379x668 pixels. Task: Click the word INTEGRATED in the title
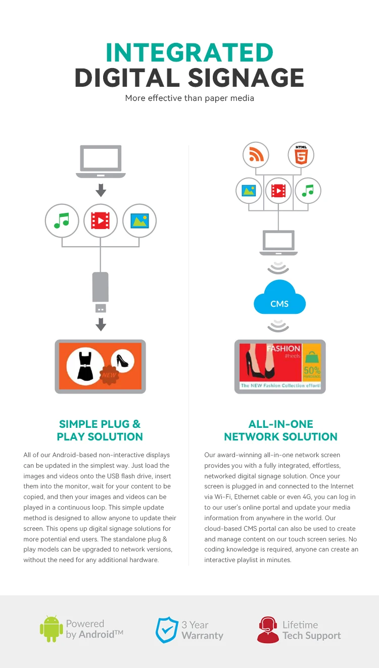click(x=189, y=52)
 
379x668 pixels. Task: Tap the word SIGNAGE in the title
click(x=246, y=78)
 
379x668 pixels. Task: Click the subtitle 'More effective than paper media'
click(x=189, y=98)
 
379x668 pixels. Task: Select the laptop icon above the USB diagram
click(x=101, y=161)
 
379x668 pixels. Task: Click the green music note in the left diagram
click(x=62, y=220)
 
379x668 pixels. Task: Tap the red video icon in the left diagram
click(x=101, y=220)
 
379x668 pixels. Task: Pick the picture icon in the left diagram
click(x=139, y=220)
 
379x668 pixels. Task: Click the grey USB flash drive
click(x=101, y=293)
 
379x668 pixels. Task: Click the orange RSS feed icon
click(x=256, y=155)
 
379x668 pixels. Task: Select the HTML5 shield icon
click(x=301, y=155)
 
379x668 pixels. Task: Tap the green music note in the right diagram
click(x=308, y=191)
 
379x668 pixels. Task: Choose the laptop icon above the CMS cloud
click(x=277, y=243)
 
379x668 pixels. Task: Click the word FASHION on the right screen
click(x=283, y=348)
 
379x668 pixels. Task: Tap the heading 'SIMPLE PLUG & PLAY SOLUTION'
click(x=100, y=430)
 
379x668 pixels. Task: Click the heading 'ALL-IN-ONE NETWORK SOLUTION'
click(x=280, y=430)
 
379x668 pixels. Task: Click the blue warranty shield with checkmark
click(x=166, y=630)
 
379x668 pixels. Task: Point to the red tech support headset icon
click(x=268, y=630)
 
